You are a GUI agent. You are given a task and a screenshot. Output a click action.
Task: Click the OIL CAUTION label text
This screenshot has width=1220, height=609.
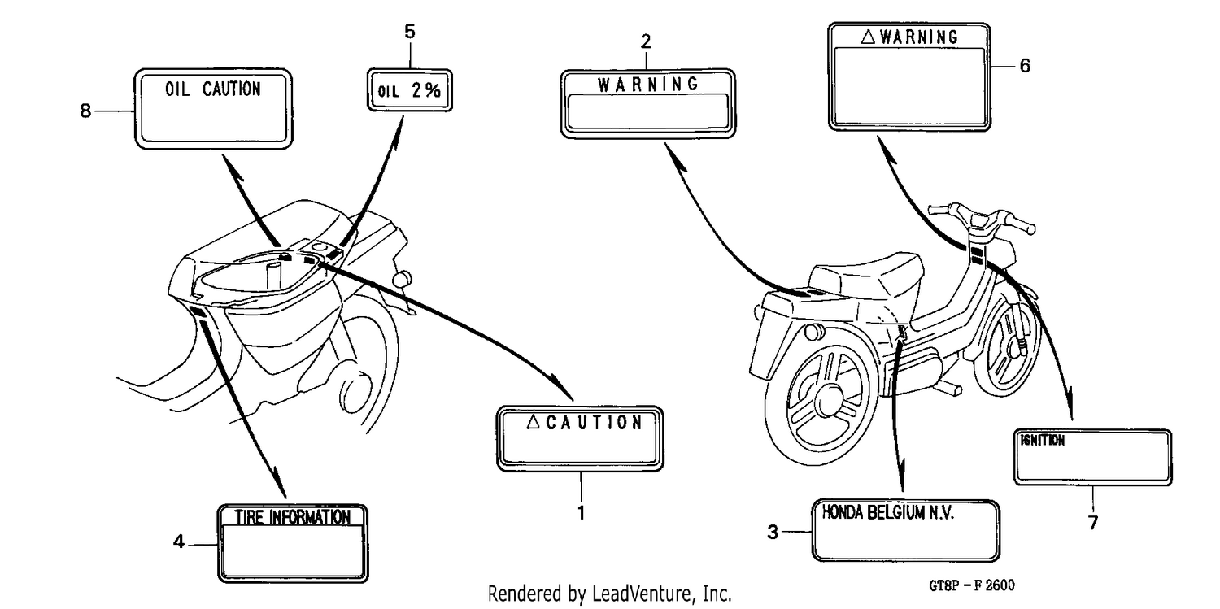tap(213, 89)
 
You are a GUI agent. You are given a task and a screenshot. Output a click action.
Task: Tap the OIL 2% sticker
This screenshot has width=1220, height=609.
tap(410, 90)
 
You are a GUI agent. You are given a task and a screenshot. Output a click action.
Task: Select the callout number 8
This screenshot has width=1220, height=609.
tap(85, 111)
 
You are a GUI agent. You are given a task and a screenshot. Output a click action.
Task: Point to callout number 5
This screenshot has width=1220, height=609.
tap(410, 32)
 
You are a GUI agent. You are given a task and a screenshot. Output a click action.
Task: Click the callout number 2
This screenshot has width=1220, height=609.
tap(646, 41)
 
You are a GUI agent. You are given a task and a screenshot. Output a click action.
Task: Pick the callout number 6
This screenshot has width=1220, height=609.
tap(1025, 66)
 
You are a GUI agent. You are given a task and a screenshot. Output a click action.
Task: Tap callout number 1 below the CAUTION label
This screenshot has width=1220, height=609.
tap(582, 513)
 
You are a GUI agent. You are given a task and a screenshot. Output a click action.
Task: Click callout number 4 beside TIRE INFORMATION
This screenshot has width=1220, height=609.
tap(179, 542)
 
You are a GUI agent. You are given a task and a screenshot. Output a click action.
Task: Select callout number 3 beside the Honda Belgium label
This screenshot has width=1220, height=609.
tap(773, 533)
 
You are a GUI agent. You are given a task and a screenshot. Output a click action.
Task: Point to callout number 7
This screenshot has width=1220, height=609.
tap(1093, 523)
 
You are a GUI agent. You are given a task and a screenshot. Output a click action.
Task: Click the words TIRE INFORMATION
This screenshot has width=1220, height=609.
tap(293, 517)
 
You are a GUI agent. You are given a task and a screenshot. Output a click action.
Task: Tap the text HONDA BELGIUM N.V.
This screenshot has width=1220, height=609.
tap(888, 513)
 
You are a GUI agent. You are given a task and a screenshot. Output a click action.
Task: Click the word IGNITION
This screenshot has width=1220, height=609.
tap(1043, 441)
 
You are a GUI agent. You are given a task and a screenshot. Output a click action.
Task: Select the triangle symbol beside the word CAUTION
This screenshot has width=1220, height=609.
tap(534, 422)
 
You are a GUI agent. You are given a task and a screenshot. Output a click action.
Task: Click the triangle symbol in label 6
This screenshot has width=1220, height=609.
tap(868, 37)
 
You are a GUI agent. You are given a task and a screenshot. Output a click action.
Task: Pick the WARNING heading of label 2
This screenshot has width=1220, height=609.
tap(648, 85)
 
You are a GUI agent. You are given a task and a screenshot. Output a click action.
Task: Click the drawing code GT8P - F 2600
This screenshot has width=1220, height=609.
tap(972, 585)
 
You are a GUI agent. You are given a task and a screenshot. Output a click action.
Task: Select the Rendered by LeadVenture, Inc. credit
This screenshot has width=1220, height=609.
tap(609, 594)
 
